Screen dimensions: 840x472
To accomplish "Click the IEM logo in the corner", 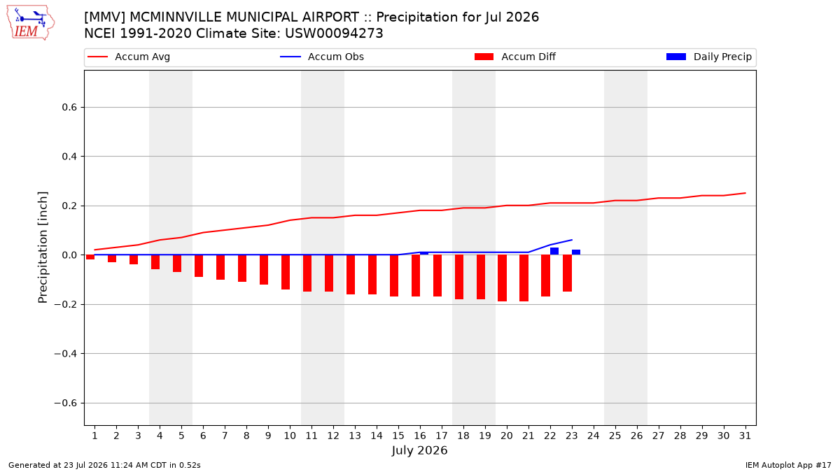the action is point(30,22).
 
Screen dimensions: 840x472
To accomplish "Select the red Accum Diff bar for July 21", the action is point(524,278).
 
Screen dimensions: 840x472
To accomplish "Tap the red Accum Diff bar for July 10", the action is point(286,272).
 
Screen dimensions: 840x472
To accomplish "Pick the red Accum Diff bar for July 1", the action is point(90,257).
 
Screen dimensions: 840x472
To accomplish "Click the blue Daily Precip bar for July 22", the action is point(554,251).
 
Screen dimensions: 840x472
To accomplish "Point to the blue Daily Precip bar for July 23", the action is point(576,252).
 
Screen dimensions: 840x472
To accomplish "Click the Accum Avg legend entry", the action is point(129,57).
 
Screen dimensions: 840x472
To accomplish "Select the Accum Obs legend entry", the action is point(322,57).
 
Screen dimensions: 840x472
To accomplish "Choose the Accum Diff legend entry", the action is point(515,57).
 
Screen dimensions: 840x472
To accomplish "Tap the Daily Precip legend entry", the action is point(708,57).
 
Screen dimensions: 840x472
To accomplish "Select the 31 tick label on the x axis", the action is point(745,436).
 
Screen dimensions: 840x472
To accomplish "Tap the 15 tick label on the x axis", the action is point(398,436).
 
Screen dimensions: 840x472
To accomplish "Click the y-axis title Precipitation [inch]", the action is point(43,248).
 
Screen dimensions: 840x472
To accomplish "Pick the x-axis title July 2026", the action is point(419,450).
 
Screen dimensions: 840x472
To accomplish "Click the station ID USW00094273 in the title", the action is point(334,34).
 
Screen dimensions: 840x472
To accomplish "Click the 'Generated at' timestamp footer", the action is point(104,465).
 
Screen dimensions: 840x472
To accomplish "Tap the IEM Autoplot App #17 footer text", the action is point(788,465).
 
